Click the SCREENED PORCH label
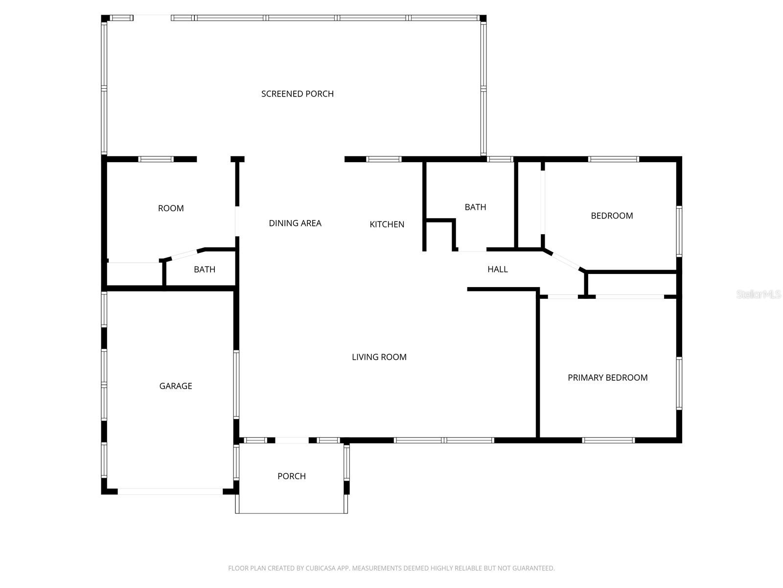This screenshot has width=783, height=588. tap(297, 94)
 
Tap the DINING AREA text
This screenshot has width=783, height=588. tap(295, 223)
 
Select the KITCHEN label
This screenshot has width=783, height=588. tap(387, 224)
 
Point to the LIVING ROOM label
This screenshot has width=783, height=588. tap(379, 357)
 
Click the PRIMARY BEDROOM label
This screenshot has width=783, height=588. tap(607, 377)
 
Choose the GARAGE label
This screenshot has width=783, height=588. tap(175, 386)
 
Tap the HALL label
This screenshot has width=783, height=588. tap(497, 269)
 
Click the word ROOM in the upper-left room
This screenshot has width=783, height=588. tap(170, 208)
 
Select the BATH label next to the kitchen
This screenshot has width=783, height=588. tap(475, 207)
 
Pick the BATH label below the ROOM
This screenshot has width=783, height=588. tap(204, 269)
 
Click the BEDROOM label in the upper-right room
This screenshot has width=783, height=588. tap(611, 216)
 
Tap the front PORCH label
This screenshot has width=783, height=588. tap(291, 476)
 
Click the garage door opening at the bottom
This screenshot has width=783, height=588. tap(170, 491)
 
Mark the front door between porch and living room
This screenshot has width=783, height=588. tap(292, 440)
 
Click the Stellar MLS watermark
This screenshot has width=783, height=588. tap(758, 294)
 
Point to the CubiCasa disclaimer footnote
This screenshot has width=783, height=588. tap(391, 568)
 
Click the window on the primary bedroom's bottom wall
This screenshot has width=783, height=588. tap(608, 440)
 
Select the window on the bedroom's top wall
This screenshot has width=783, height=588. tap(613, 159)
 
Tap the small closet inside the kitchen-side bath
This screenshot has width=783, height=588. tap(439, 236)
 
